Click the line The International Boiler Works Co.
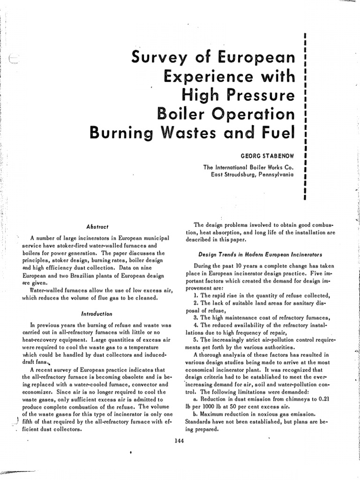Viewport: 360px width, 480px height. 248,167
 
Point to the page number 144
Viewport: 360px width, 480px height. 178,441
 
